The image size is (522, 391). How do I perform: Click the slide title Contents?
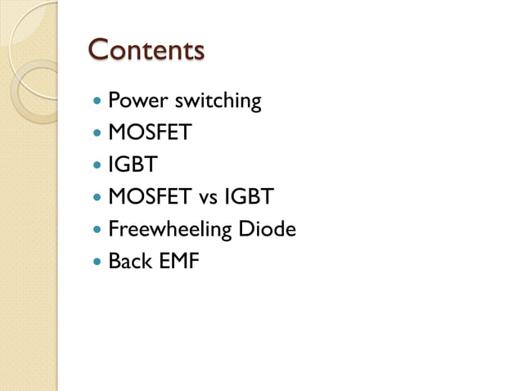pos(146,49)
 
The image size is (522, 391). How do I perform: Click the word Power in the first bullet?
pos(133,101)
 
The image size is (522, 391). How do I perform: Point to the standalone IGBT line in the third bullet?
pos(132,164)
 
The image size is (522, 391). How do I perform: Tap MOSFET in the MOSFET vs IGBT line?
pos(149,197)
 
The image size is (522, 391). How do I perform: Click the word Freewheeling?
pos(169,230)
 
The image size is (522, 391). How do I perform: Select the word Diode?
pos(266,229)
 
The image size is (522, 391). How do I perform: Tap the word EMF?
pos(179,262)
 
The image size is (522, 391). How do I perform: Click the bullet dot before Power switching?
pos(98,102)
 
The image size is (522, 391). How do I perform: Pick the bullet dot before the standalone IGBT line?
pos(98,165)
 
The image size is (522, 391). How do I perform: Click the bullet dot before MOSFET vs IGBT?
pos(98,198)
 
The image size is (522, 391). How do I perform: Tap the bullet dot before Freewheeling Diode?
pos(98,230)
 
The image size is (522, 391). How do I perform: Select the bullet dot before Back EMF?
pos(98,263)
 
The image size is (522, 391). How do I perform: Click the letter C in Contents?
pos(99,49)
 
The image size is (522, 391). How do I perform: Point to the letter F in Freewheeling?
pos(114,229)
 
